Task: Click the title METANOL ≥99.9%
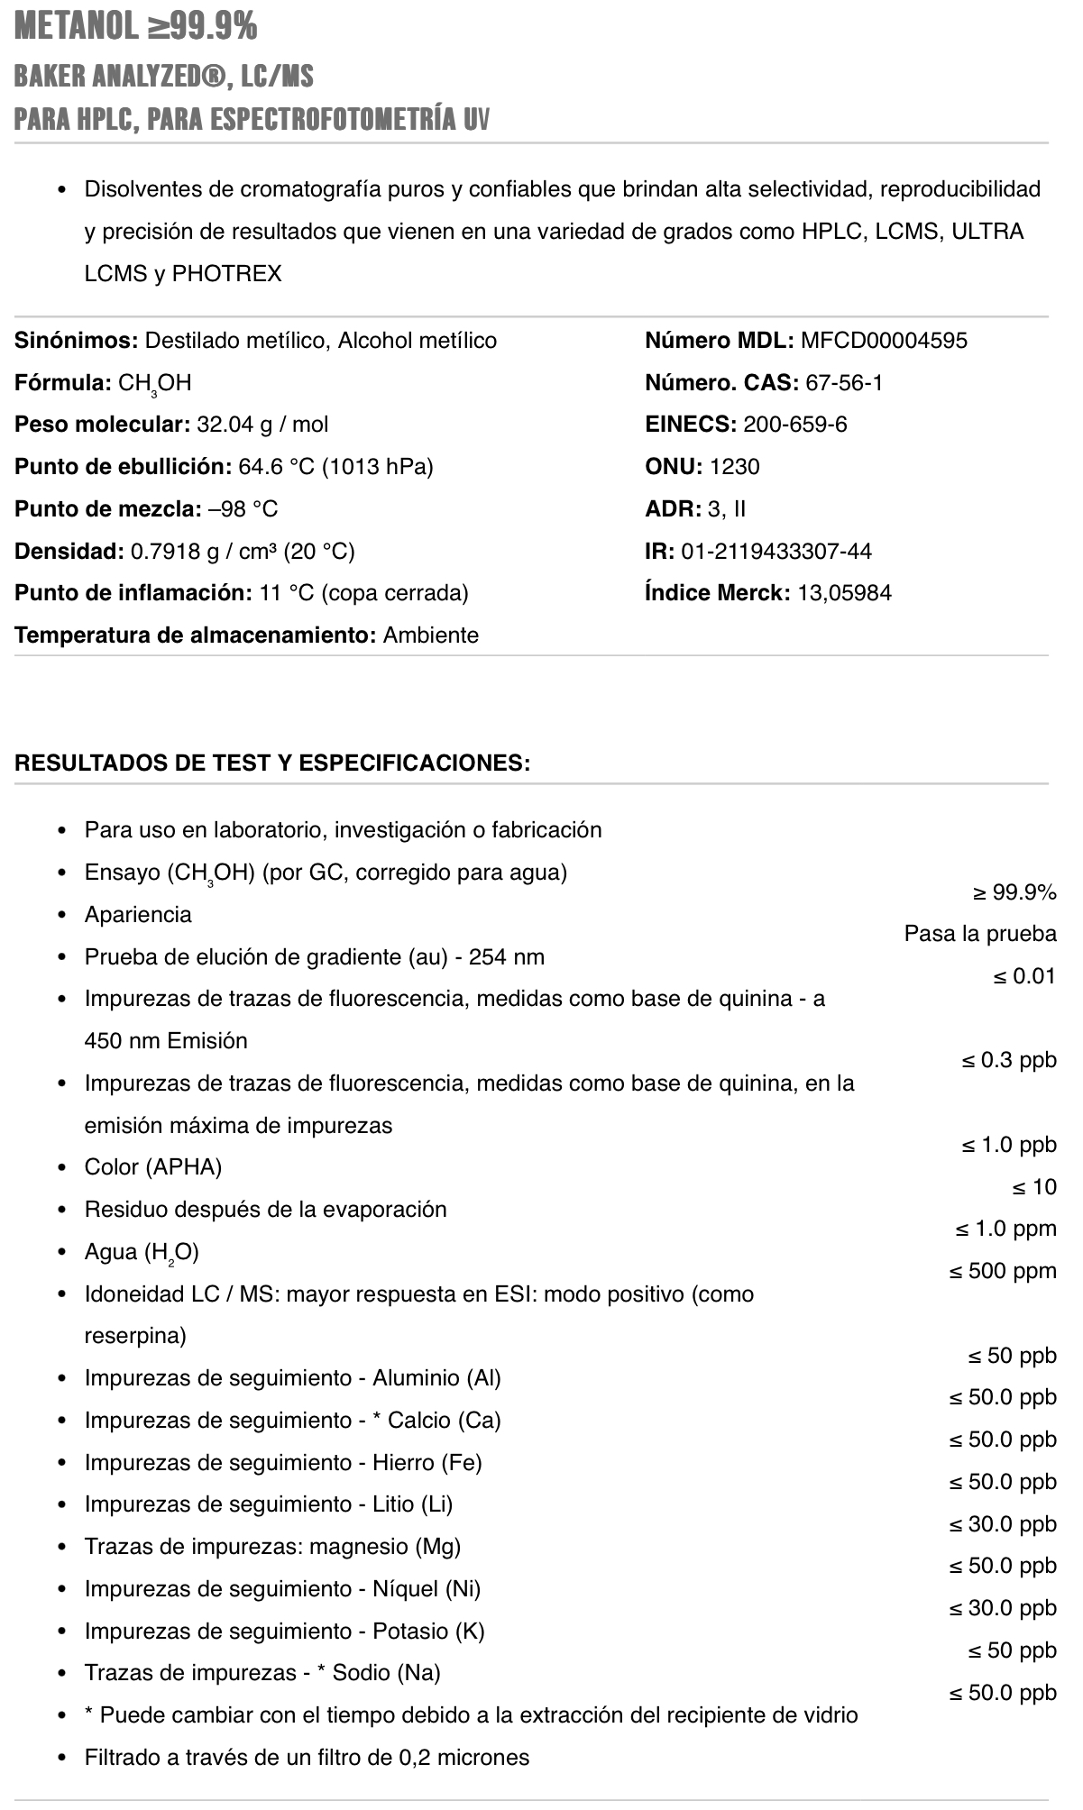pos(136,27)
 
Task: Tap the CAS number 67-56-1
pos(844,383)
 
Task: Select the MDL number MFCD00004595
pos(884,341)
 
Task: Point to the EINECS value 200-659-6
pos(795,425)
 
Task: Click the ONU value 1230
pos(735,467)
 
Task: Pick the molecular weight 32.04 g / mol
pos(262,425)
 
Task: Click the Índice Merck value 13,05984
pos(844,593)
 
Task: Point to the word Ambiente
pos(431,635)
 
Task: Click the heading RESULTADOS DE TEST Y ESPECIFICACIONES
pos(272,763)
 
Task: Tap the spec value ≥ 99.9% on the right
pos(1014,892)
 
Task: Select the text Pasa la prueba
pos(980,934)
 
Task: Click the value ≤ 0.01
pos(1023,976)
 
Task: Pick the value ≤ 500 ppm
pos(1002,1271)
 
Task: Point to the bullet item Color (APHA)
pos(153,1167)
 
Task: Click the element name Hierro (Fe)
pos(427,1462)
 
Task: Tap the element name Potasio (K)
pos(429,1631)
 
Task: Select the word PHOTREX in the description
pos(226,273)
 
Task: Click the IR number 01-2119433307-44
pos(776,551)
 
